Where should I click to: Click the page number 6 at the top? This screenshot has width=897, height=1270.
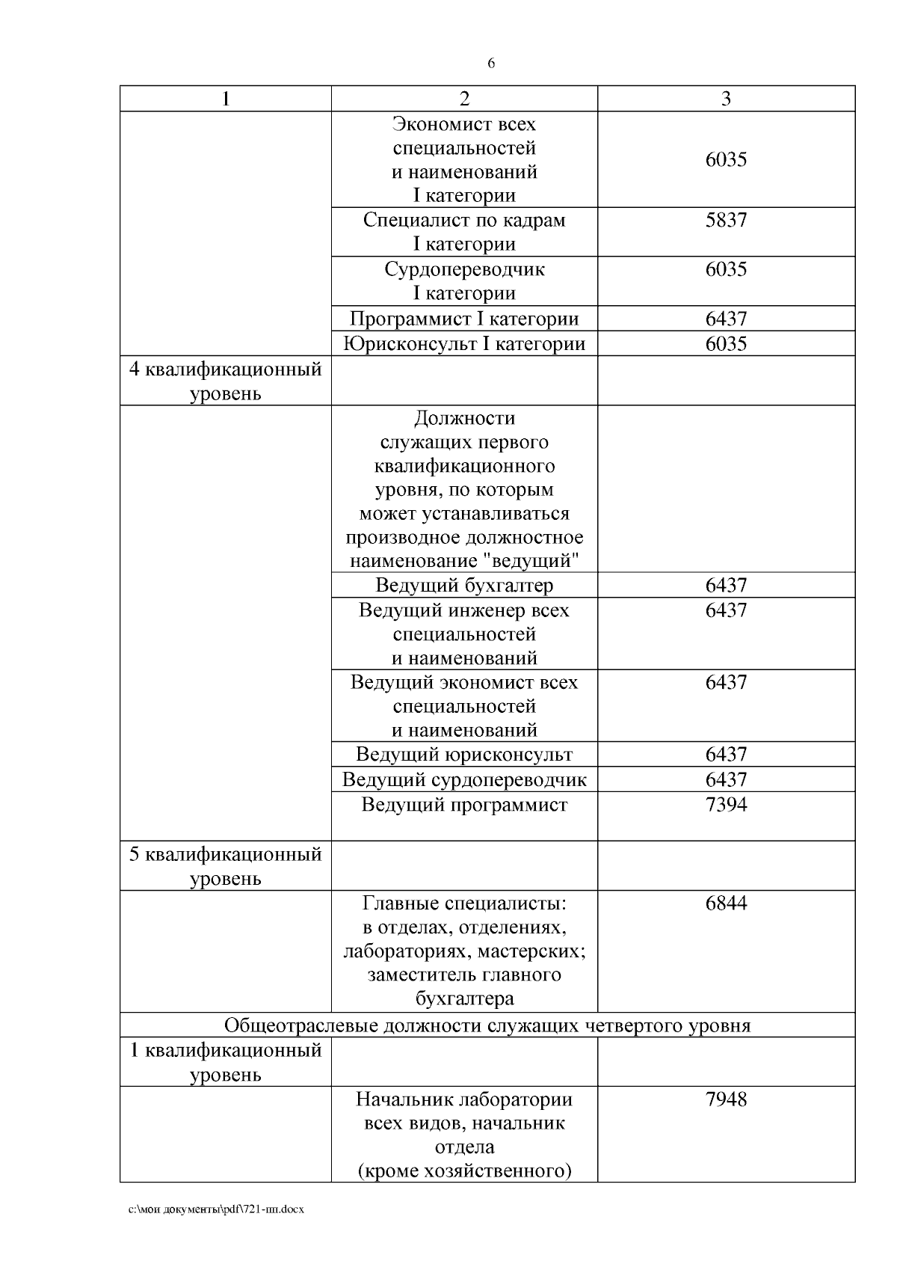(x=491, y=64)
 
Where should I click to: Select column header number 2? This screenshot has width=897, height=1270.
(x=464, y=99)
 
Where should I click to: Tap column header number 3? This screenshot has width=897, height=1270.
(x=726, y=99)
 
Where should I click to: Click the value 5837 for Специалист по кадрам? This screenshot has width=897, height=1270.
(x=726, y=220)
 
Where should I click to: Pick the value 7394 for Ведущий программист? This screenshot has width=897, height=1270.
(x=726, y=805)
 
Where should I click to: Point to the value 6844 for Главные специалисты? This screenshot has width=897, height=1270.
(x=726, y=904)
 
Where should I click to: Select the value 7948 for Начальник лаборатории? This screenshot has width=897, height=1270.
(x=726, y=1099)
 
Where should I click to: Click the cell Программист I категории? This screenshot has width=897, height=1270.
(x=464, y=319)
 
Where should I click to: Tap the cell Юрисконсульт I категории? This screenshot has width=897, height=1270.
(x=464, y=344)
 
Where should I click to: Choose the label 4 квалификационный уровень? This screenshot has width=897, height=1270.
(x=226, y=381)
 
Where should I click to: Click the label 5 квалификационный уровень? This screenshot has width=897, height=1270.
(x=226, y=865)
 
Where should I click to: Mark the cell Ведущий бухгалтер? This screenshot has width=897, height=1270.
(x=464, y=585)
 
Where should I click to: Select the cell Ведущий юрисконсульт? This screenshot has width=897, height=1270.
(x=464, y=754)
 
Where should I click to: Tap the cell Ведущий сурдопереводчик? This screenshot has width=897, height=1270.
(x=464, y=779)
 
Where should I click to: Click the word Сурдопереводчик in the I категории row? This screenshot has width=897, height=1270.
(x=464, y=269)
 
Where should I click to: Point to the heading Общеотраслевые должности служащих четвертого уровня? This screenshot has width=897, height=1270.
(x=487, y=1025)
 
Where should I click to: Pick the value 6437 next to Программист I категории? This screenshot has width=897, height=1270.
(x=726, y=319)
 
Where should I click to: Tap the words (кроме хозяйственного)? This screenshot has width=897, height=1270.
(x=464, y=1171)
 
